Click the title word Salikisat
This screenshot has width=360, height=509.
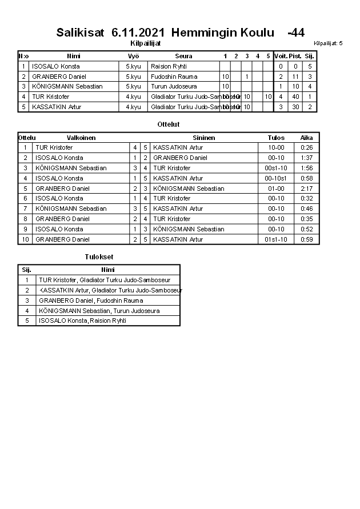coord(80,33)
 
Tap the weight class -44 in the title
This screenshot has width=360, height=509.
coord(296,33)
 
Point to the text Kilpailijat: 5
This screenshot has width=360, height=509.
coord(328,43)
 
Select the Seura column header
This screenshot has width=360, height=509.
coord(183,56)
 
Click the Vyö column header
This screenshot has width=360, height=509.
coord(133,56)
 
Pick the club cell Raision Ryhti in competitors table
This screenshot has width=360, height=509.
coord(169,66)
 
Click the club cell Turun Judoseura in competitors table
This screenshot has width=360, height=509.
coord(174,86)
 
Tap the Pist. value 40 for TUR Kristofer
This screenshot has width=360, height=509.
coord(295,97)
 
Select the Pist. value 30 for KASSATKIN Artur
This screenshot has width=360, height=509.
coord(295,107)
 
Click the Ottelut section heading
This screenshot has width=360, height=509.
coord(168,124)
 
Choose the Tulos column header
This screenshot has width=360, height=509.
coord(276,138)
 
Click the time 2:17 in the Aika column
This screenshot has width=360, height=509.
coord(307,189)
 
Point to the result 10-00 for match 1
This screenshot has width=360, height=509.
coord(276,148)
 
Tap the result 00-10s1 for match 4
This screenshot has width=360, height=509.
coord(276,178)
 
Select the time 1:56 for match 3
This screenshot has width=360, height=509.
coord(307,168)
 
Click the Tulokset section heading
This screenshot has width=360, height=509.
coord(99,257)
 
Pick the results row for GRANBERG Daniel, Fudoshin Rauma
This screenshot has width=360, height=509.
coord(91,300)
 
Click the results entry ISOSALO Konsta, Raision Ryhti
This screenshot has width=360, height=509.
coord(83,321)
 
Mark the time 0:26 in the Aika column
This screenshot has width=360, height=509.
coord(307,148)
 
